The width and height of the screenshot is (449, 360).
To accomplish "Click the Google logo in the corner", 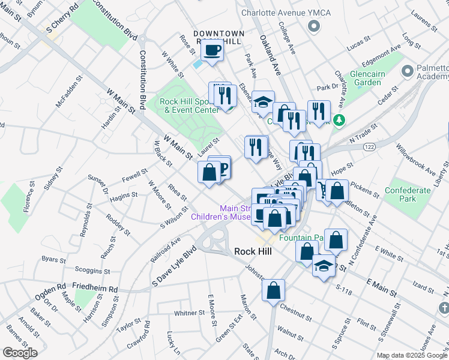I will [20, 353].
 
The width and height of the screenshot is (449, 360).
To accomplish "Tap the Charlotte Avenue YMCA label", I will [274, 12].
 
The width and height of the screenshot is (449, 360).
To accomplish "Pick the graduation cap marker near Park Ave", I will [262, 103].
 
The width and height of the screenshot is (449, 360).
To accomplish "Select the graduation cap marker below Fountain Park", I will [324, 265].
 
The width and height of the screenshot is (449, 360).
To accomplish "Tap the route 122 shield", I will [369, 146].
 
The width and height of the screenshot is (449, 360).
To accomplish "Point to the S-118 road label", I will [343, 289].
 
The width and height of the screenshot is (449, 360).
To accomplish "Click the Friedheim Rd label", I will [95, 289].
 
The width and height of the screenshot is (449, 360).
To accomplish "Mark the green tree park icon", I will [339, 120].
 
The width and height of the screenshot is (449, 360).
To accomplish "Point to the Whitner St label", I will [190, 313].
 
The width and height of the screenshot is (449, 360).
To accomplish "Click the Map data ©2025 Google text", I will [411, 355].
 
